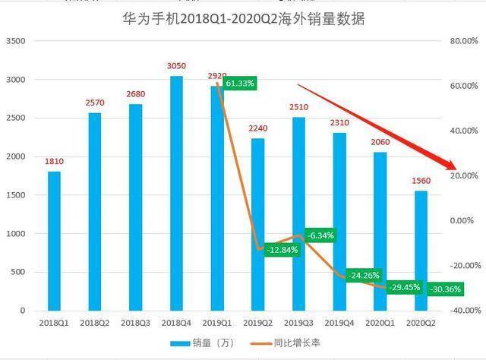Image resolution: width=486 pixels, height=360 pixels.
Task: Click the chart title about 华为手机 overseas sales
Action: pyautogui.click(x=243, y=19)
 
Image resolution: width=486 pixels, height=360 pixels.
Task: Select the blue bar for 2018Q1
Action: pyautogui.click(x=54, y=241)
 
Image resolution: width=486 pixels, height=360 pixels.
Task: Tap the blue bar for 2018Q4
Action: pyautogui.click(x=176, y=193)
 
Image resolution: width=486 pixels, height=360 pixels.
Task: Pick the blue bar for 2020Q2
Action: pyautogui.click(x=421, y=251)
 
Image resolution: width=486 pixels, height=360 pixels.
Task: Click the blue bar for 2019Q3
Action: pyautogui.click(x=298, y=214)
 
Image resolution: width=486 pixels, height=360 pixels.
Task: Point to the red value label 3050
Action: pyautogui.click(x=176, y=66)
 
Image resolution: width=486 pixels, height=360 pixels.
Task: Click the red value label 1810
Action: pyautogui.click(x=54, y=161)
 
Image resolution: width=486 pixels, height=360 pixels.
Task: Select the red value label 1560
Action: pyautogui.click(x=421, y=181)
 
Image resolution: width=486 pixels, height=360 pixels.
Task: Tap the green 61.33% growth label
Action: pyautogui.click(x=240, y=83)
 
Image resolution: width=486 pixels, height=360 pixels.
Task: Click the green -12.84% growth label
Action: pyautogui.click(x=282, y=250)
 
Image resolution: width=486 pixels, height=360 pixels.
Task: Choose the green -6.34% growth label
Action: pyautogui.click(x=320, y=235)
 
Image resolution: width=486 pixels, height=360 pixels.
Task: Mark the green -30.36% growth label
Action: pyautogui.click(x=446, y=289)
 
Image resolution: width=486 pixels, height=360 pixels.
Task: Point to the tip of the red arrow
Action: pyautogui.click(x=456, y=169)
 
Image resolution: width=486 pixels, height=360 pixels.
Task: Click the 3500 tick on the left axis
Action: pyautogui.click(x=15, y=41)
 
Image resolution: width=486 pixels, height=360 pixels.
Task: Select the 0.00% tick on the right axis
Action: pyautogui.click(x=462, y=221)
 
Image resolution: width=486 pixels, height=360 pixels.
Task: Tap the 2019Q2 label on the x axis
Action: pyautogui.click(x=257, y=323)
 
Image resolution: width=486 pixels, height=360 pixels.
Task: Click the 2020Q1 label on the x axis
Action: pyautogui.click(x=380, y=323)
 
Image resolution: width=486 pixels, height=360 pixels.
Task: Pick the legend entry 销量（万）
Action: pyautogui.click(x=202, y=343)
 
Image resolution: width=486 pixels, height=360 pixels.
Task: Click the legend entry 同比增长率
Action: pyautogui.click(x=286, y=343)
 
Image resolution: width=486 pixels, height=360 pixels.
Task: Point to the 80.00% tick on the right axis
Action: pyautogui.click(x=464, y=41)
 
